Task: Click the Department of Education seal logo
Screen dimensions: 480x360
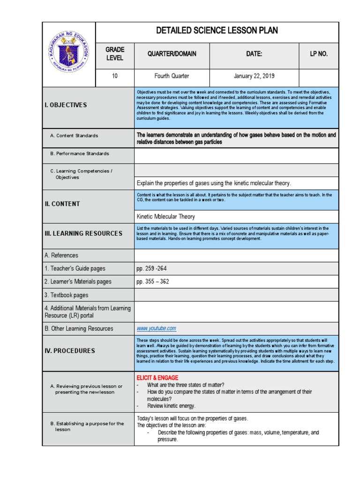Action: click(x=68, y=54)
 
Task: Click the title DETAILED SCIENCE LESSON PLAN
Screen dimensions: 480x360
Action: click(x=217, y=31)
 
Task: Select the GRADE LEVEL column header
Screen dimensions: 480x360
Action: click(x=114, y=54)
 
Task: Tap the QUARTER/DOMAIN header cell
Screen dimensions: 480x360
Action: click(x=172, y=54)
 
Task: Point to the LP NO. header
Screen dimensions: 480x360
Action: click(x=319, y=54)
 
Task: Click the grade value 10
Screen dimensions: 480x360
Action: click(x=114, y=76)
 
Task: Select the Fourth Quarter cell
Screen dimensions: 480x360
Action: click(x=172, y=76)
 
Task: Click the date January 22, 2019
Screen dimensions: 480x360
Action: click(x=254, y=76)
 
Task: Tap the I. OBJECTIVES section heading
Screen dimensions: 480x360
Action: click(x=66, y=105)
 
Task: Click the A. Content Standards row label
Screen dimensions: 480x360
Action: click(x=74, y=135)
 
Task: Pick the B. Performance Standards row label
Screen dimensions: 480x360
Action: click(x=79, y=153)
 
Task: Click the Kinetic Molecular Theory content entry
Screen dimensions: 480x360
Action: click(x=165, y=217)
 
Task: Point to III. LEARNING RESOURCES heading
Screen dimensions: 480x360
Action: click(x=83, y=233)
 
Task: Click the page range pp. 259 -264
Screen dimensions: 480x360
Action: click(x=151, y=269)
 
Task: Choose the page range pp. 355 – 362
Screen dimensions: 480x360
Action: click(x=153, y=282)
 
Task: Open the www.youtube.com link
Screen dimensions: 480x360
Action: click(x=156, y=329)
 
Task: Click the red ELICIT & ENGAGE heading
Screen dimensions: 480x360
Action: click(x=157, y=378)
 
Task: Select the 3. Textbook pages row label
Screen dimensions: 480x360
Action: click(x=66, y=295)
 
